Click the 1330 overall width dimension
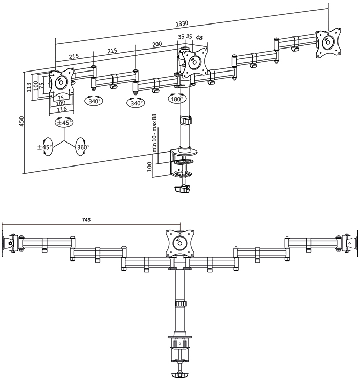click(182, 23)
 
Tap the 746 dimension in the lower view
click(86, 220)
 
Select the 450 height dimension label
click(22, 121)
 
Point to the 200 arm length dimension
click(157, 44)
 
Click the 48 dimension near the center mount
click(199, 38)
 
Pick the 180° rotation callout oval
click(177, 99)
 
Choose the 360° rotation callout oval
click(83, 147)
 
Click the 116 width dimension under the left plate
click(61, 109)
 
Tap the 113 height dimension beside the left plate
click(29, 87)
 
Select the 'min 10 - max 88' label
click(155, 133)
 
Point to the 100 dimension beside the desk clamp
click(149, 167)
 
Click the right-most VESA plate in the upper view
click(328, 43)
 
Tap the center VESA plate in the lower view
click(180, 243)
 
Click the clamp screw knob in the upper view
click(183, 189)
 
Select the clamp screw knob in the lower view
click(180, 375)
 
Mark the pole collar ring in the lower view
click(180, 304)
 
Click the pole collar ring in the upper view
click(186, 120)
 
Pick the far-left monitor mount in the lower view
click(12, 243)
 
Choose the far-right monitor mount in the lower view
click(348, 242)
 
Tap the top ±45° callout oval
click(64, 123)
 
